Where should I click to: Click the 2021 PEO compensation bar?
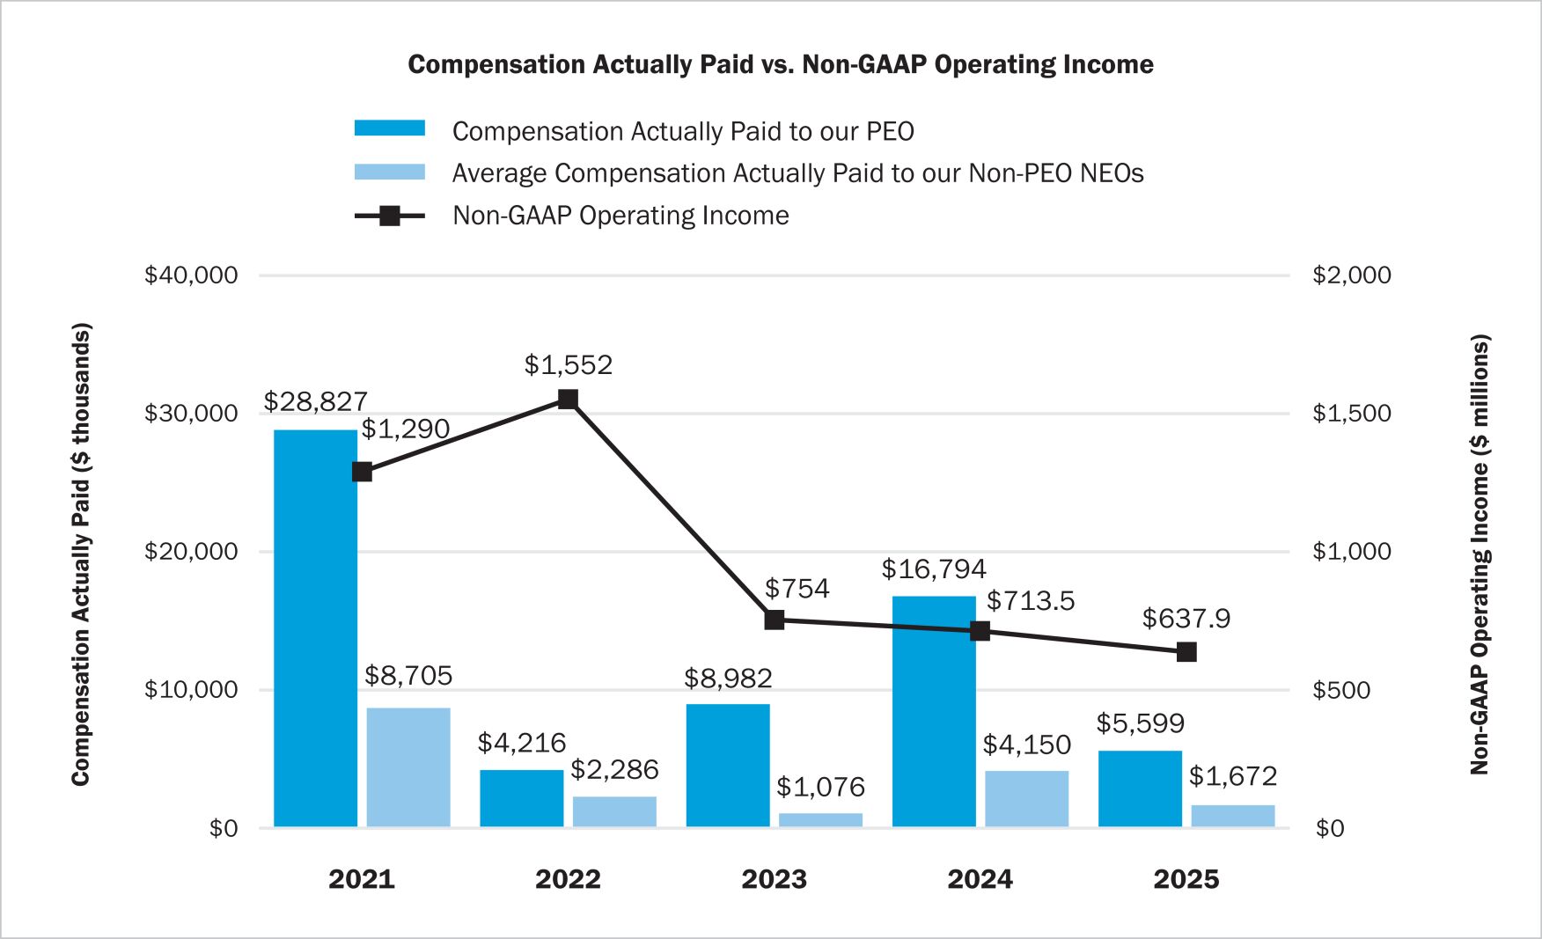(x=315, y=628)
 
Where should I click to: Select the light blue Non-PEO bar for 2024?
(x=1026, y=799)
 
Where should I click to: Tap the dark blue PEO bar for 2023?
(x=728, y=766)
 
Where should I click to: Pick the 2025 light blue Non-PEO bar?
(x=1232, y=817)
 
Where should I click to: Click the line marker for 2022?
(x=568, y=400)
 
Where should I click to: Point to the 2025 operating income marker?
(x=1186, y=652)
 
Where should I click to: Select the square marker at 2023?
(x=775, y=620)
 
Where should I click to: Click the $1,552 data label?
(x=568, y=365)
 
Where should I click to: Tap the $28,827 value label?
(x=315, y=401)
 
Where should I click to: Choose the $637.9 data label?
(x=1186, y=619)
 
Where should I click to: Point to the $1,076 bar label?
(x=820, y=787)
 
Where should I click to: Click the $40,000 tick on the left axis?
(x=191, y=275)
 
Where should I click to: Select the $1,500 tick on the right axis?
(x=1351, y=414)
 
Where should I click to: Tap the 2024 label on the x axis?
(x=980, y=879)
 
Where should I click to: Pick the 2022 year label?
(x=568, y=879)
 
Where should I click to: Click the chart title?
(x=781, y=64)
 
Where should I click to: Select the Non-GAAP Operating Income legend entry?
(x=620, y=216)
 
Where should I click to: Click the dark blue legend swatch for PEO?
(x=389, y=128)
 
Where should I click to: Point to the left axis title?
(x=81, y=554)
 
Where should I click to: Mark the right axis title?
(x=1480, y=554)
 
